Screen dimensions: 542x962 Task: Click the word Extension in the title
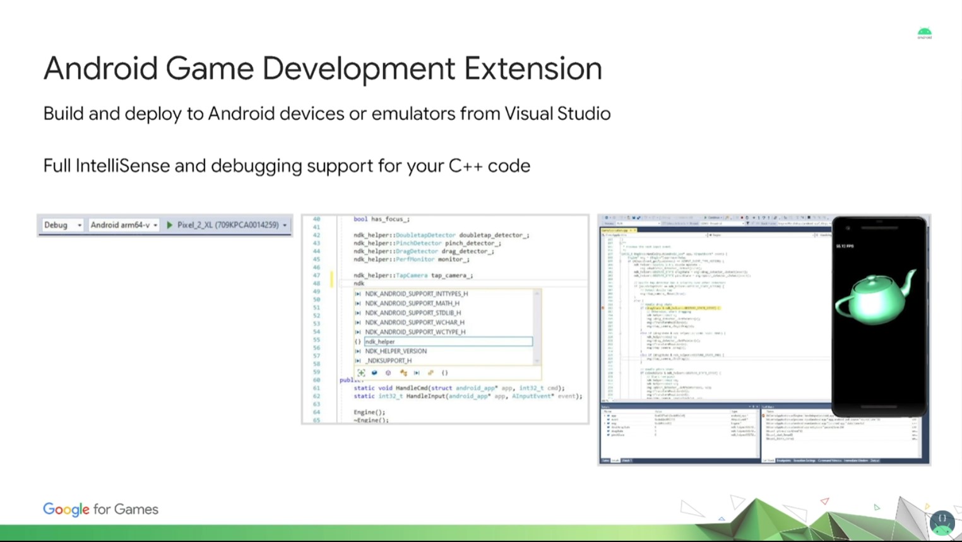533,69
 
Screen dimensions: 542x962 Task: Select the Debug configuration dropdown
62,225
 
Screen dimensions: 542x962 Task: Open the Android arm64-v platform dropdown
124,225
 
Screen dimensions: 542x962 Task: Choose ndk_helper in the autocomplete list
380,341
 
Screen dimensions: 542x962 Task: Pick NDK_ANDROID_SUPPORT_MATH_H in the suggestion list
412,303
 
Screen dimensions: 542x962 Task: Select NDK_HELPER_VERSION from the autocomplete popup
396,351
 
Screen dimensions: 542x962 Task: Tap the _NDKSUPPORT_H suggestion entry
388,361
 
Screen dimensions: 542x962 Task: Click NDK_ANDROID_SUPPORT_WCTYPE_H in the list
415,332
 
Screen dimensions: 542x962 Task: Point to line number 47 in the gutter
316,275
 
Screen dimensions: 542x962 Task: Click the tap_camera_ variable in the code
451,275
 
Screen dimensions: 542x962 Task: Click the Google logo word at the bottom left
66,509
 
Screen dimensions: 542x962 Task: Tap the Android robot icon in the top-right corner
924,33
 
